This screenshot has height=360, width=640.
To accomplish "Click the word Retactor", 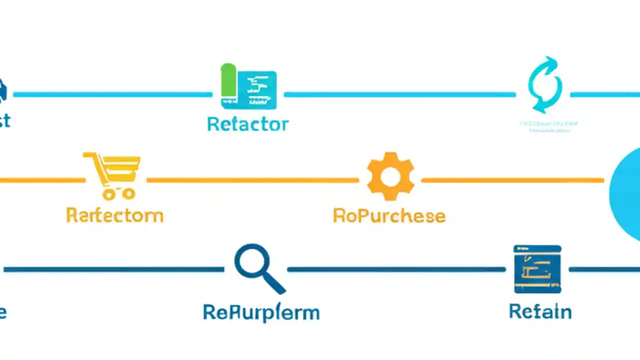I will (x=248, y=124).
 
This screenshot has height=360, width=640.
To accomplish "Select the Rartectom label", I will (x=114, y=215).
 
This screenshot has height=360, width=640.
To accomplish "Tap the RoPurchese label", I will (x=389, y=215).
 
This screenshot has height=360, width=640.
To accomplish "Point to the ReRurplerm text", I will (x=261, y=312).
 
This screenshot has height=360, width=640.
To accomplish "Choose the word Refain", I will (x=540, y=311).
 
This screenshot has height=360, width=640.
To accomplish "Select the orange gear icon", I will (x=390, y=176).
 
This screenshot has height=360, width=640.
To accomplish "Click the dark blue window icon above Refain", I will (x=537, y=269).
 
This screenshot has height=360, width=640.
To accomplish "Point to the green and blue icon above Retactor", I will (x=248, y=86).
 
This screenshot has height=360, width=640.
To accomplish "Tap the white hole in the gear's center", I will (x=390, y=176).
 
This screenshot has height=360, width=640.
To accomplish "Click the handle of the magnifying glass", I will (x=274, y=284).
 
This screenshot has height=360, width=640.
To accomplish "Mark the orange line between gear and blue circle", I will (x=512, y=180).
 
